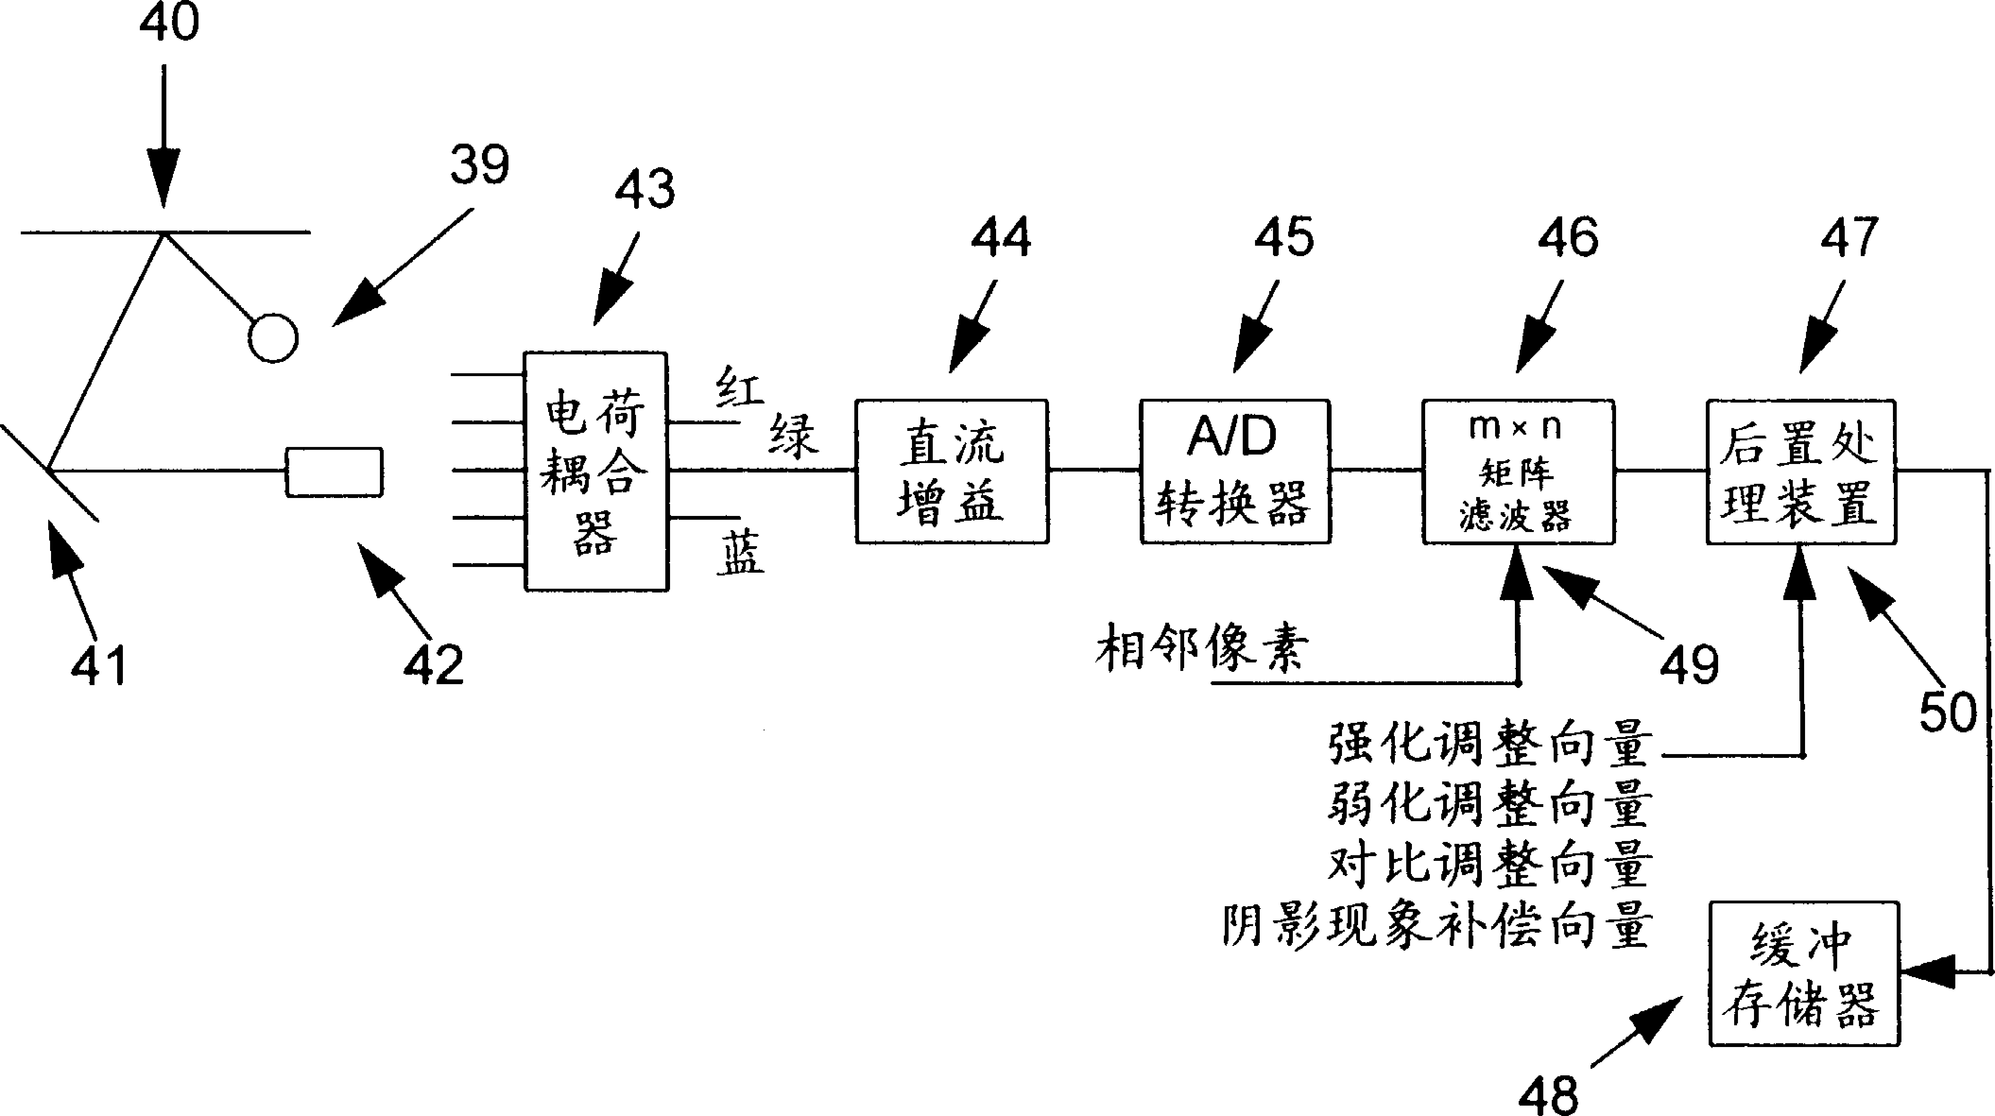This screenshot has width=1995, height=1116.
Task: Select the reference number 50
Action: coord(1947,713)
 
